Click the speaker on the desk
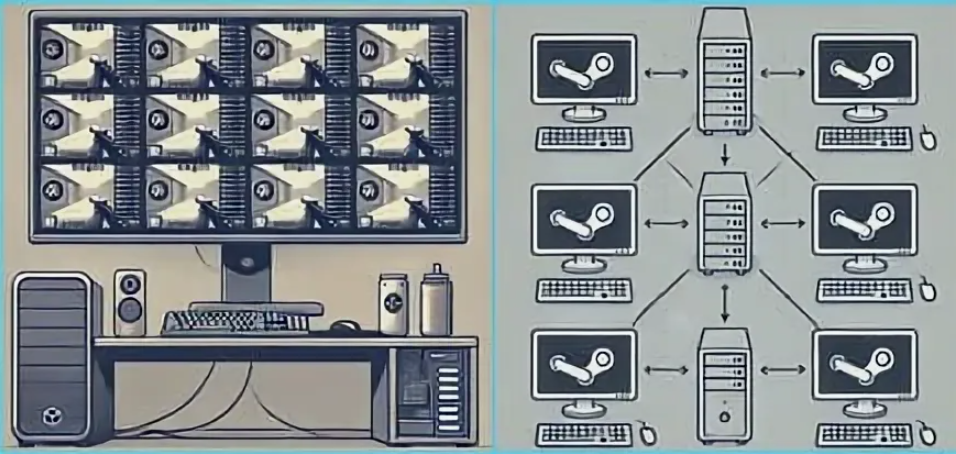point(129,302)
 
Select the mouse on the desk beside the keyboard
point(346,326)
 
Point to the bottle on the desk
point(434,303)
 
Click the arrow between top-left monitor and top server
point(665,72)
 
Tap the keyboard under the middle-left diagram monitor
point(585,289)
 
